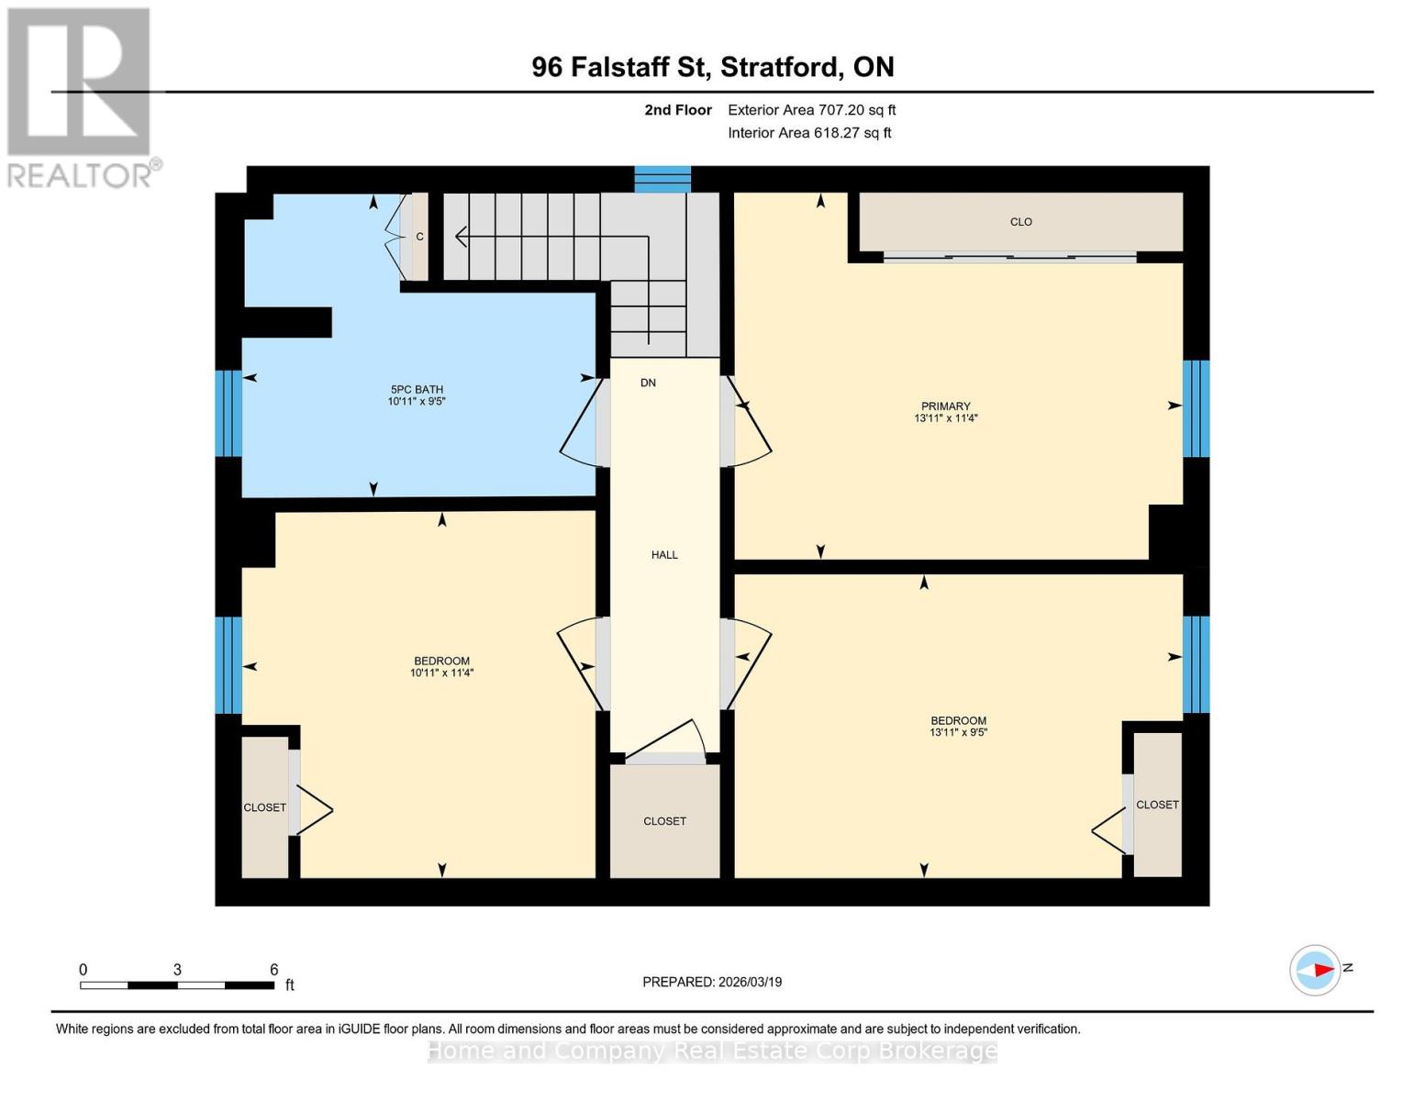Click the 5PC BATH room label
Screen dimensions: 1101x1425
[x=416, y=390]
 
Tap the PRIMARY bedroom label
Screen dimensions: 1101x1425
[x=945, y=406]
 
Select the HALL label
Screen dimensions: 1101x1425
[x=664, y=555]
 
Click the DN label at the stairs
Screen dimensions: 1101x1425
[x=648, y=383]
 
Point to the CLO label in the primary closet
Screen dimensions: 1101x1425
[x=1020, y=222]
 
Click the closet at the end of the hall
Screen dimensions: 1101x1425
[x=664, y=821]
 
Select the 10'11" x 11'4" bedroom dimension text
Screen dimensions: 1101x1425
[x=441, y=673]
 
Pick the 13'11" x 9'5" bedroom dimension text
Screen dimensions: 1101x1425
[x=958, y=733]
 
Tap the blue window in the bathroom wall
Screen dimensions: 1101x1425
[x=228, y=413]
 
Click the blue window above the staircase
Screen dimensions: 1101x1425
[x=662, y=179]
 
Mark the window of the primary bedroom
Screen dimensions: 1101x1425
[x=1196, y=408]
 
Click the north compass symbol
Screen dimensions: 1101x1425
[x=1315, y=970]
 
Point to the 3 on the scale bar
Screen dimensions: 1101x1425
[x=177, y=970]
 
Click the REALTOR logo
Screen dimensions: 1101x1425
[x=80, y=96]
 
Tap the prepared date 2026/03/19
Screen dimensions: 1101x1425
[x=749, y=982]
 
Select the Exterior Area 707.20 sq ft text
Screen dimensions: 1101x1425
[x=811, y=110]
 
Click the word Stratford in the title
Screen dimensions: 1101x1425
[x=780, y=67]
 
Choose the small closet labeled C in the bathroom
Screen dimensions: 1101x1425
[x=419, y=237]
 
